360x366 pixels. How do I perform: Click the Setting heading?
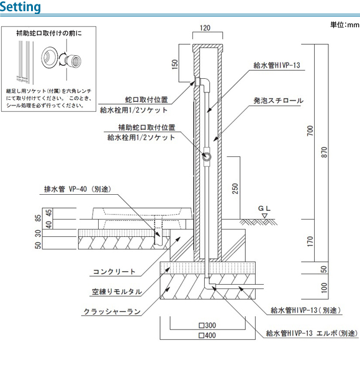(x=20, y=7)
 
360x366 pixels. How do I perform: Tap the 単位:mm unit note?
(x=344, y=25)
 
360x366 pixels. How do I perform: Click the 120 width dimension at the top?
(x=205, y=28)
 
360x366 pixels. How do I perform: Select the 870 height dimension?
(x=325, y=152)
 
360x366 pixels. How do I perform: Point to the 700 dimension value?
(x=310, y=131)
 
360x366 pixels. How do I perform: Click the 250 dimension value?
(x=235, y=189)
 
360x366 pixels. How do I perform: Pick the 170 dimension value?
(x=310, y=241)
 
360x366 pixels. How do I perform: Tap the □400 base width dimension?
(x=207, y=335)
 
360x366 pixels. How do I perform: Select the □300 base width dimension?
(x=207, y=325)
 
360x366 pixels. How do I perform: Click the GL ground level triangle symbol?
(x=264, y=216)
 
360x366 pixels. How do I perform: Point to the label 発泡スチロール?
(x=279, y=100)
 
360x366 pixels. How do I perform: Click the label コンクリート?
(x=114, y=272)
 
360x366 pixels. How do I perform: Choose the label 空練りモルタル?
(x=117, y=292)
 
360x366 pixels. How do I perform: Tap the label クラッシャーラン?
(x=112, y=311)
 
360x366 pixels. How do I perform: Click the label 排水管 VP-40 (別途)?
(x=78, y=189)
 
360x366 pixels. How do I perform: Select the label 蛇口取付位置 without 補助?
(x=146, y=100)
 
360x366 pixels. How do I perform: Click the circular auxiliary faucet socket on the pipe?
(x=207, y=156)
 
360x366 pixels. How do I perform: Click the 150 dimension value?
(x=175, y=64)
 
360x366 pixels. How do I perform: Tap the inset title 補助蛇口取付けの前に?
(x=49, y=33)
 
